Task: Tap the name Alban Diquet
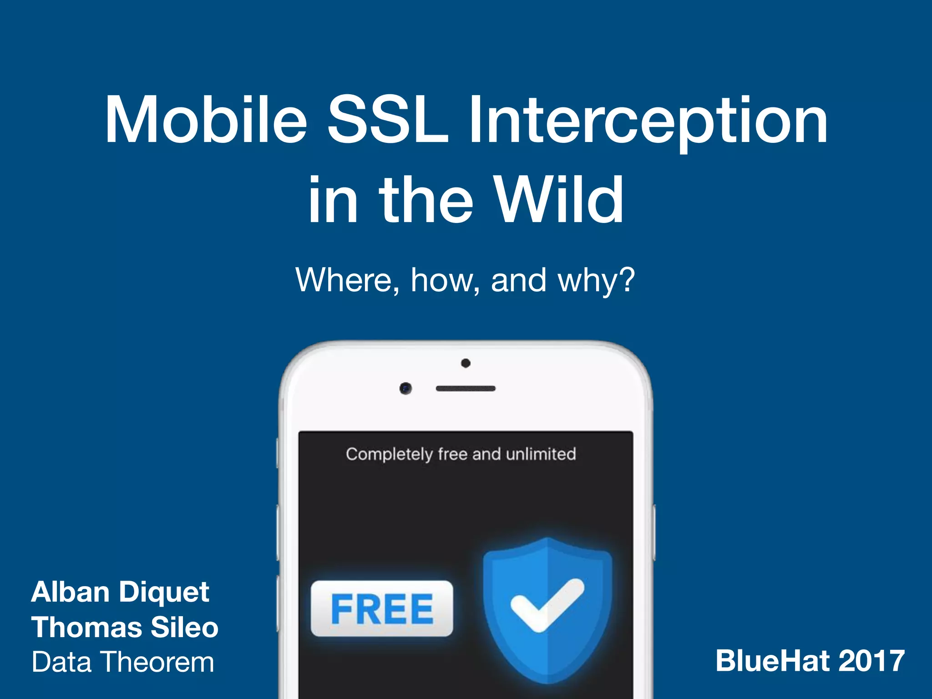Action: (120, 593)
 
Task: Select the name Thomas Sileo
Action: (125, 627)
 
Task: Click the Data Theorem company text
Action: (122, 662)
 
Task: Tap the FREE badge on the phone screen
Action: (381, 609)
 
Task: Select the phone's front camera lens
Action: (405, 388)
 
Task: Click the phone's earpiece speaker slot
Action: (465, 389)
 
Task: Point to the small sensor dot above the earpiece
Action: (466, 363)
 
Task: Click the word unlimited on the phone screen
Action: (541, 454)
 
